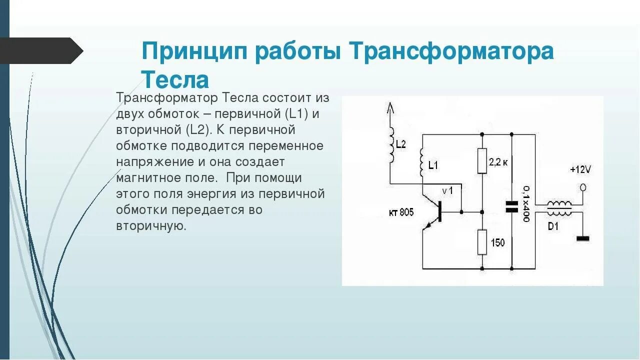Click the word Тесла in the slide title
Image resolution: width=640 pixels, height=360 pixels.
(175, 80)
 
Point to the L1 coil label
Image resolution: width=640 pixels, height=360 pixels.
(433, 165)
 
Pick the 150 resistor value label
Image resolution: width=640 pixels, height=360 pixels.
(497, 243)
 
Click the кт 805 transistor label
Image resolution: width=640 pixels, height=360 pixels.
(401, 212)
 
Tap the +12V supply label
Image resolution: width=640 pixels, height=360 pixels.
(580, 170)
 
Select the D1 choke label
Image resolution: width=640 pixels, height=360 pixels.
(553, 226)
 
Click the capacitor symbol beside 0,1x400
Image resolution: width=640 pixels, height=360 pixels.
(511, 206)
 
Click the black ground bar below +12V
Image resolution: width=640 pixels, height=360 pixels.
(583, 238)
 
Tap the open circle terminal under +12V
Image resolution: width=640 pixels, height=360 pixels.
(582, 188)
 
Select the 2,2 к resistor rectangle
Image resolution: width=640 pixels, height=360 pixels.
(482, 160)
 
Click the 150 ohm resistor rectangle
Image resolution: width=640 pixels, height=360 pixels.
(482, 242)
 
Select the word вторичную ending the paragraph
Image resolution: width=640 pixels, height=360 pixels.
(151, 225)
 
